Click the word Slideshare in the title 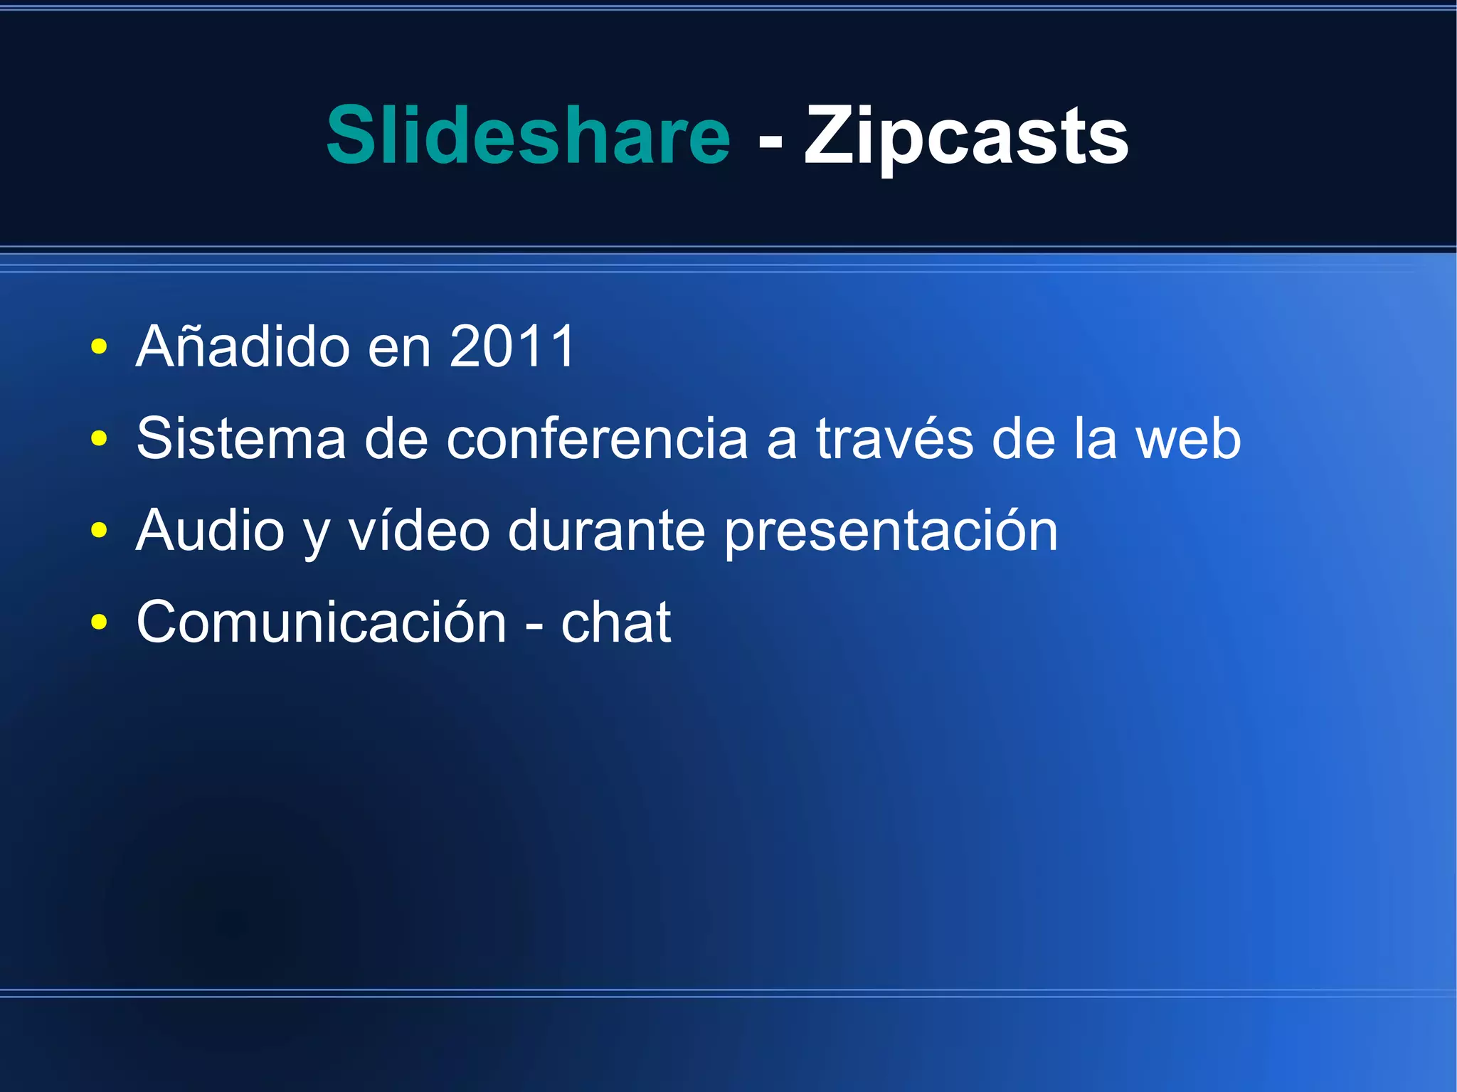(x=528, y=134)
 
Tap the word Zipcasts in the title (x=966, y=136)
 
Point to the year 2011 (x=512, y=346)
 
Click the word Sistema (x=241, y=438)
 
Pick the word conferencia (x=597, y=438)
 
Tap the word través (x=894, y=438)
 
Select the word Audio (x=211, y=530)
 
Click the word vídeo (x=419, y=530)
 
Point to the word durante (x=607, y=531)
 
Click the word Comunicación (x=322, y=622)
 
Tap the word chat (x=616, y=622)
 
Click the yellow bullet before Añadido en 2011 (x=99, y=347)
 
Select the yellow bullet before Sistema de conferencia (x=99, y=439)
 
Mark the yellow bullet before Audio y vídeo (x=99, y=531)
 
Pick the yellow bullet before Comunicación (x=99, y=622)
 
